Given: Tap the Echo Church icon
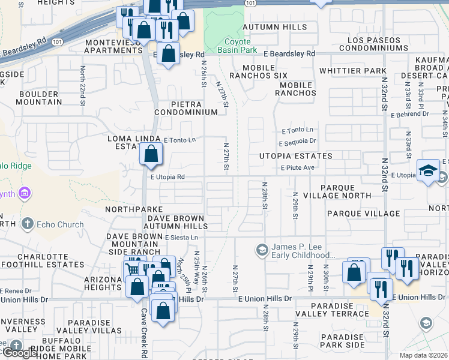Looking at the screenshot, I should click(26, 224).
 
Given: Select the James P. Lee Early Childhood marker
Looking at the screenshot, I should click(262, 249).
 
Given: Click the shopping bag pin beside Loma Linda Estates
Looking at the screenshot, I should click(151, 154).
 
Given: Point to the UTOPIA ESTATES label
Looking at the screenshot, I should click(295, 156).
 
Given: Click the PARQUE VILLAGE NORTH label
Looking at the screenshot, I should click(354, 192).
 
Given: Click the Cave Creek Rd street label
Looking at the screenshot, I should click(144, 342).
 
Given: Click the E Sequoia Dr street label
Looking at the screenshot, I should click(297, 142).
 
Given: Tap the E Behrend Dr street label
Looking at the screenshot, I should click(409, 113).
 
